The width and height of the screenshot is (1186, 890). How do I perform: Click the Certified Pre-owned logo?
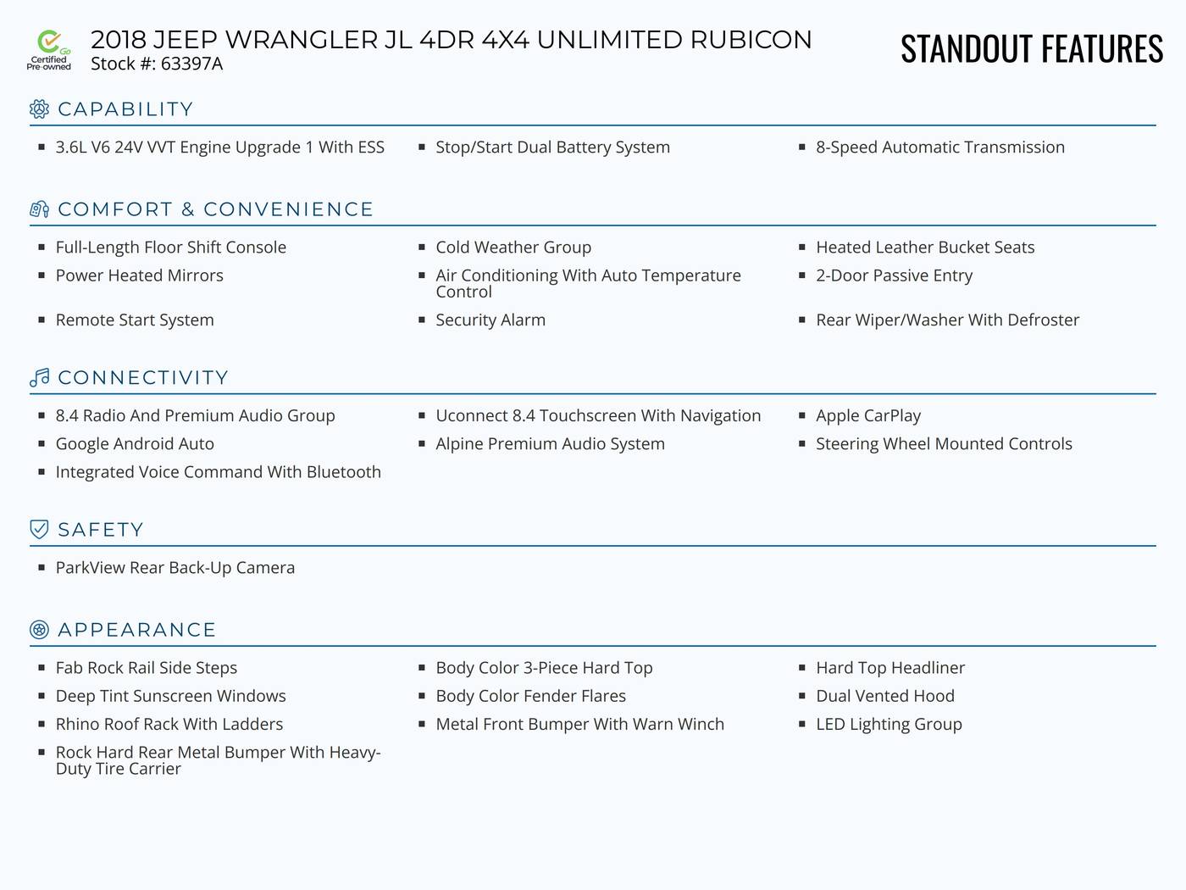pos(48,50)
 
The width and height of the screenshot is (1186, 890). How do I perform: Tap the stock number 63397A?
pos(191,64)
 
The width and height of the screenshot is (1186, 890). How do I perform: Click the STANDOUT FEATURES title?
pos(1032,48)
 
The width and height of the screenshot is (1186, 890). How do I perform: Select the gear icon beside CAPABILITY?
pos(39,108)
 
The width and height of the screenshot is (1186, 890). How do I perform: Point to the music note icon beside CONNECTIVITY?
pos(39,377)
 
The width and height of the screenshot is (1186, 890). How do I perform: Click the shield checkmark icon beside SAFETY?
pos(39,529)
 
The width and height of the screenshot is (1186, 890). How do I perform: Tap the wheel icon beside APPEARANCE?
pos(39,630)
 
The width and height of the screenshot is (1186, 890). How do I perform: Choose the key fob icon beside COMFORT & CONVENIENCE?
pos(39,209)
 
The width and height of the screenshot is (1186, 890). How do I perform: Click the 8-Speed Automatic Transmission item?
pos(940,147)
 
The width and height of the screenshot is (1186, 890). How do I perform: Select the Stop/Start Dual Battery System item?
pos(552,147)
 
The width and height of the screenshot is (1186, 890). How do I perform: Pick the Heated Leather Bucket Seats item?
pos(925,247)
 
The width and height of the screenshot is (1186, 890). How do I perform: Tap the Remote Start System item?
pos(135,320)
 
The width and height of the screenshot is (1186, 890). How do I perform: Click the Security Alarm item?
pos(490,320)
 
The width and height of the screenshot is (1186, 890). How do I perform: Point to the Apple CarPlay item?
pos(868,415)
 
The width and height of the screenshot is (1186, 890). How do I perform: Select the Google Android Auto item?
pos(135,443)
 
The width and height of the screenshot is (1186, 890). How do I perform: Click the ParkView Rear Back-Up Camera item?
pos(175,567)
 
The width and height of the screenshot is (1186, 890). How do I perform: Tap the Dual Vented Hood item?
pos(885,696)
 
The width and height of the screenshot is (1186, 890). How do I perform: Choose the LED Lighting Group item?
pos(889,724)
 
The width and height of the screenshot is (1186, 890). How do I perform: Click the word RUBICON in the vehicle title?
pos(751,40)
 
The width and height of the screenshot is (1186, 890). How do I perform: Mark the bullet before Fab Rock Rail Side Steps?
pos(42,667)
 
